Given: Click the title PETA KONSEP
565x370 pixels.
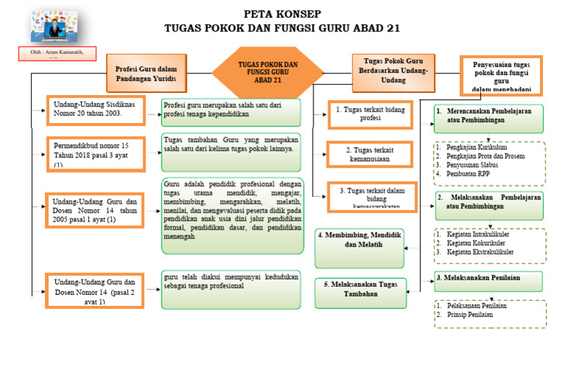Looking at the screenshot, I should click(282, 14).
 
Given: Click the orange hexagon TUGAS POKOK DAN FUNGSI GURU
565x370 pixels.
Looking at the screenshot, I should click(268, 72).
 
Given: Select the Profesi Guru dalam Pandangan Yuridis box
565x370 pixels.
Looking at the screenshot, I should click(146, 74).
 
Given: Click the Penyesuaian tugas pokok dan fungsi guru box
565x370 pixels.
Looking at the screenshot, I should click(502, 76).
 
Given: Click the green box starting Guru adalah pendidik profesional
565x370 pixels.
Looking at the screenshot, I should click(232, 216).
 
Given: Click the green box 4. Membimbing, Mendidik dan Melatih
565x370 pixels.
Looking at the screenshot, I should click(360, 247).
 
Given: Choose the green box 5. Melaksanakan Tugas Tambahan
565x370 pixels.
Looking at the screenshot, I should click(360, 289).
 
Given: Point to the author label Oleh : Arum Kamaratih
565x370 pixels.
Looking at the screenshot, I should click(57, 54).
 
